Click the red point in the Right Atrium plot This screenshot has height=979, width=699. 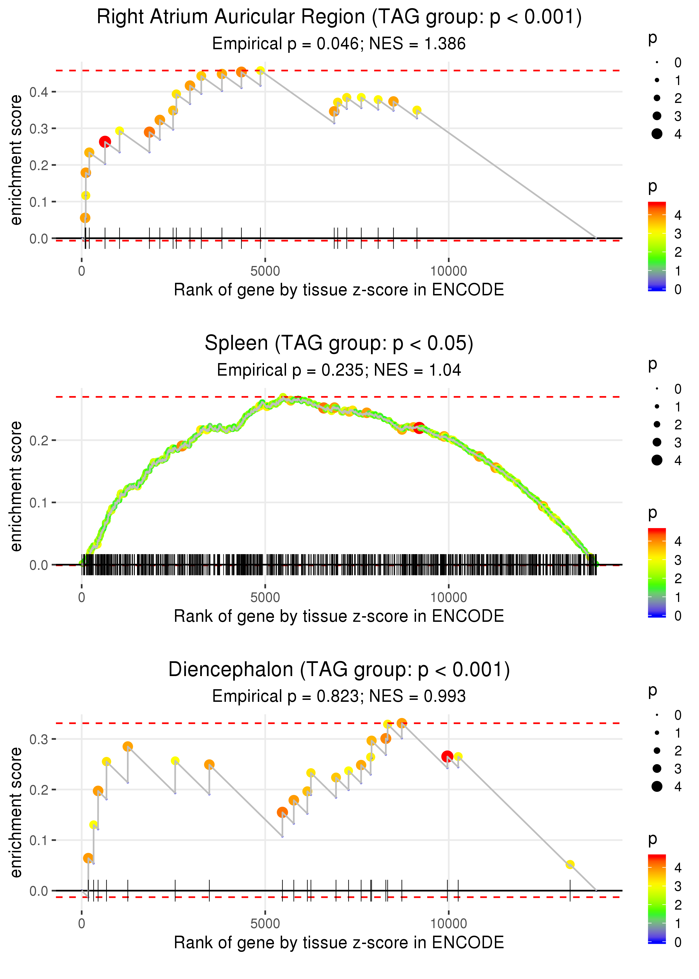click(105, 142)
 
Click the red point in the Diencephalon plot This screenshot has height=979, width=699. click(447, 756)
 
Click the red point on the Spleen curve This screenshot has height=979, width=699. click(419, 428)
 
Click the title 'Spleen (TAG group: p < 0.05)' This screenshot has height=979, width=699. click(339, 343)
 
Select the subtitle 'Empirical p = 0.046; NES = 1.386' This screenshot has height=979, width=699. click(339, 44)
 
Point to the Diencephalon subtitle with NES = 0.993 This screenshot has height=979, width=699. click(339, 696)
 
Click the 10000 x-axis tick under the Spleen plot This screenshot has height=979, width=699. click(448, 597)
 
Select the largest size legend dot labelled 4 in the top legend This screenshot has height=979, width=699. click(657, 134)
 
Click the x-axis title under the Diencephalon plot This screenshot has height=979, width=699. click(339, 942)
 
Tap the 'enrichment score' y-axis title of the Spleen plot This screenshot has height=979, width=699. click(16, 486)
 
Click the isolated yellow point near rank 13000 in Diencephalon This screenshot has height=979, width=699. click(570, 865)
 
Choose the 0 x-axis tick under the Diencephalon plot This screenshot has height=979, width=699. click(82, 923)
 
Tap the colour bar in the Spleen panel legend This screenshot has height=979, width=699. click(657, 572)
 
